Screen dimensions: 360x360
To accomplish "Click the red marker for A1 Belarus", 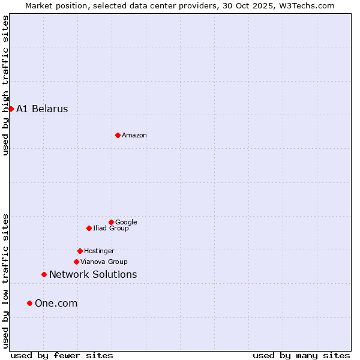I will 11,109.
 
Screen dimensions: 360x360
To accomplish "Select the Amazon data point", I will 118,135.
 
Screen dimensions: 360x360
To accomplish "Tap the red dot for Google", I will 111,222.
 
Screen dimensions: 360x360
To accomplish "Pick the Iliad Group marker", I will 89,228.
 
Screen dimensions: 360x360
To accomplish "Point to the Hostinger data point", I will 80,251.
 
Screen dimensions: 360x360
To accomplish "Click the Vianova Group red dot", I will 76,262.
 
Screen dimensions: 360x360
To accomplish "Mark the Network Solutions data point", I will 44,274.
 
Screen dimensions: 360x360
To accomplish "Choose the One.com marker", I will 29,303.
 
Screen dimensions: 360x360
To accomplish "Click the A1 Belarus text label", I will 42,109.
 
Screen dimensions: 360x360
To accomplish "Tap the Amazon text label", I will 134,135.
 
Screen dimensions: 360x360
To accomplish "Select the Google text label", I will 126,222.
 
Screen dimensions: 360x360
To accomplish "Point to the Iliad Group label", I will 111,228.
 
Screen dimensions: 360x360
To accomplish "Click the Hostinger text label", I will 99,251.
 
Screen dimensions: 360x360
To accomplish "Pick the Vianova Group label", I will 104,262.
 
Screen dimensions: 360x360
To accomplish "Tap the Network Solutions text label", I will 93,274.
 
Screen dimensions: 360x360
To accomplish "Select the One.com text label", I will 56,303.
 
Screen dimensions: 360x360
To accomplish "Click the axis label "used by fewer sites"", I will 62,355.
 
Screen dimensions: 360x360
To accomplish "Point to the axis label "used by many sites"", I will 301,355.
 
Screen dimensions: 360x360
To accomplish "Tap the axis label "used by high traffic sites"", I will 5,85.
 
